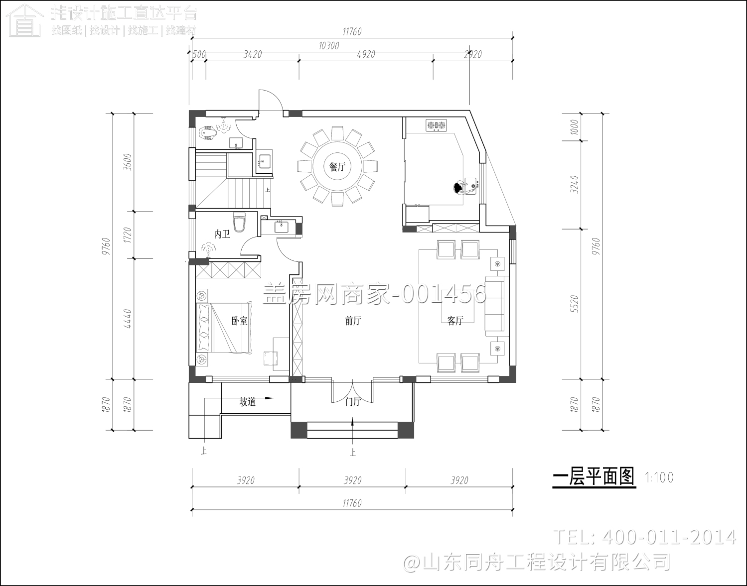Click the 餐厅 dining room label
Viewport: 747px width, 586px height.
click(x=337, y=167)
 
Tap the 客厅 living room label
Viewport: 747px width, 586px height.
click(x=455, y=321)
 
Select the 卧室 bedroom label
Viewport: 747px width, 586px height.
click(x=240, y=321)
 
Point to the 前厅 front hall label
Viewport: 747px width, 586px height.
click(x=353, y=321)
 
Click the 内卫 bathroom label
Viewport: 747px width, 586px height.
click(x=222, y=234)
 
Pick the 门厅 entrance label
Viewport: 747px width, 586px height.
click(x=353, y=401)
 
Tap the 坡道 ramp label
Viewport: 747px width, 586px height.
click(x=248, y=401)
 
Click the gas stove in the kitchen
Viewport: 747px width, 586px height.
click(x=437, y=125)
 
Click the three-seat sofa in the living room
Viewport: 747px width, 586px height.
click(x=494, y=305)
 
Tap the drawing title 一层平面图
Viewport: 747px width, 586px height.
click(x=594, y=477)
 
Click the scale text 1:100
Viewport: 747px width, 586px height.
click(x=659, y=477)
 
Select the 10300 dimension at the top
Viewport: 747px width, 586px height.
click(x=328, y=46)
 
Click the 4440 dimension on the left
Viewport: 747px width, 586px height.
click(x=127, y=318)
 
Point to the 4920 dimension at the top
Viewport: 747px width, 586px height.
click(x=366, y=54)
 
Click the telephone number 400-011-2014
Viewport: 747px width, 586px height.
click(x=668, y=537)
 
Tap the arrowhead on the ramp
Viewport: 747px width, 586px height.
click(x=270, y=398)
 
